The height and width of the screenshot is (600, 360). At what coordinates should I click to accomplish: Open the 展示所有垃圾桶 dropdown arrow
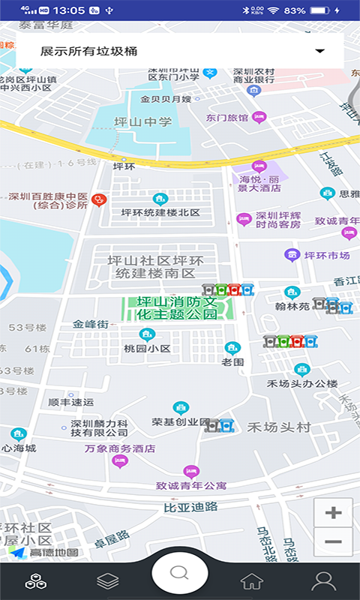(320, 51)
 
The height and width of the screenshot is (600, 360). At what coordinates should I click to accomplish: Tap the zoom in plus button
(334, 513)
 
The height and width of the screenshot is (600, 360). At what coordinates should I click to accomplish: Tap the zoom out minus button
(334, 541)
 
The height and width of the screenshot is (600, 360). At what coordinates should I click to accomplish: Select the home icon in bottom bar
(251, 580)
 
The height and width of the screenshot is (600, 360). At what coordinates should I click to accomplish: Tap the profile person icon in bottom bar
(323, 580)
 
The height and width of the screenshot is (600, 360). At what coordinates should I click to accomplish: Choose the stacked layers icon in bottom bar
(108, 580)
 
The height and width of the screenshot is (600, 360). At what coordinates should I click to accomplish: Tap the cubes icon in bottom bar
(35, 580)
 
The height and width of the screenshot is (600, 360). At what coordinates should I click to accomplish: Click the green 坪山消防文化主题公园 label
(177, 307)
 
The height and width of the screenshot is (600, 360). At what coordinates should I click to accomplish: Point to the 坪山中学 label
(142, 122)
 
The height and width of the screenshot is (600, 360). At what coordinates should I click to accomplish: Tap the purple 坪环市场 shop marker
(292, 256)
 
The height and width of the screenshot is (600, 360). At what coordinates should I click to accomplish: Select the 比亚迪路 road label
(190, 507)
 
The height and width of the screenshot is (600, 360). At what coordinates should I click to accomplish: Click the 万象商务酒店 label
(120, 448)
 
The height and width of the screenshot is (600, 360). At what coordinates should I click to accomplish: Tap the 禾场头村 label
(279, 427)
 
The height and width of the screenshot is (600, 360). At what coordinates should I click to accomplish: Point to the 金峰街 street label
(91, 325)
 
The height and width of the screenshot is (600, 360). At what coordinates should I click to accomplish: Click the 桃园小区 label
(147, 349)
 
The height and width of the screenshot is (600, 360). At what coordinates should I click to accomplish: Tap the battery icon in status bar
(320, 10)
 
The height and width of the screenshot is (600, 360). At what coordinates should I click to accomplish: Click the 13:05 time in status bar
(70, 10)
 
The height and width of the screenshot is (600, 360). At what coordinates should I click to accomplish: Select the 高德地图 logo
(43, 553)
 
